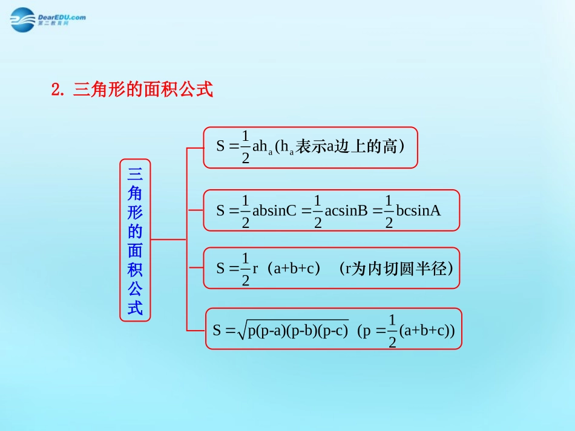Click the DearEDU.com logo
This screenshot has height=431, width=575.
pyautogui.click(x=48, y=19)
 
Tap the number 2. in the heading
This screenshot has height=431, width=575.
pyautogui.click(x=58, y=91)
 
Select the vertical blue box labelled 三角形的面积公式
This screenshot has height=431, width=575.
pyautogui.click(x=135, y=239)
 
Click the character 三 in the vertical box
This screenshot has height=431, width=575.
pyautogui.click(x=135, y=174)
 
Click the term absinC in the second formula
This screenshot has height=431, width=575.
pyautogui.click(x=274, y=210)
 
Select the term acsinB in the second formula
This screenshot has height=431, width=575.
pyautogui.click(x=346, y=210)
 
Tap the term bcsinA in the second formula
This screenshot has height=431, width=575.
pyautogui.click(x=418, y=210)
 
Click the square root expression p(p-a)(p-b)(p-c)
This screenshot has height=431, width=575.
pyautogui.click(x=297, y=331)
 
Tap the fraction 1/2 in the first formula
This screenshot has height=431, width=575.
pyautogui.click(x=245, y=147)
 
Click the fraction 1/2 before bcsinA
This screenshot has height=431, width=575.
pyautogui.click(x=389, y=211)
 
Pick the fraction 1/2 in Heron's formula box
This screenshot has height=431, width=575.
pyautogui.click(x=392, y=331)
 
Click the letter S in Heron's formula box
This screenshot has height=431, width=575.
pyautogui.click(x=217, y=331)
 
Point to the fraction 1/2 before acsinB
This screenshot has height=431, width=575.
pyautogui.click(x=318, y=211)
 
